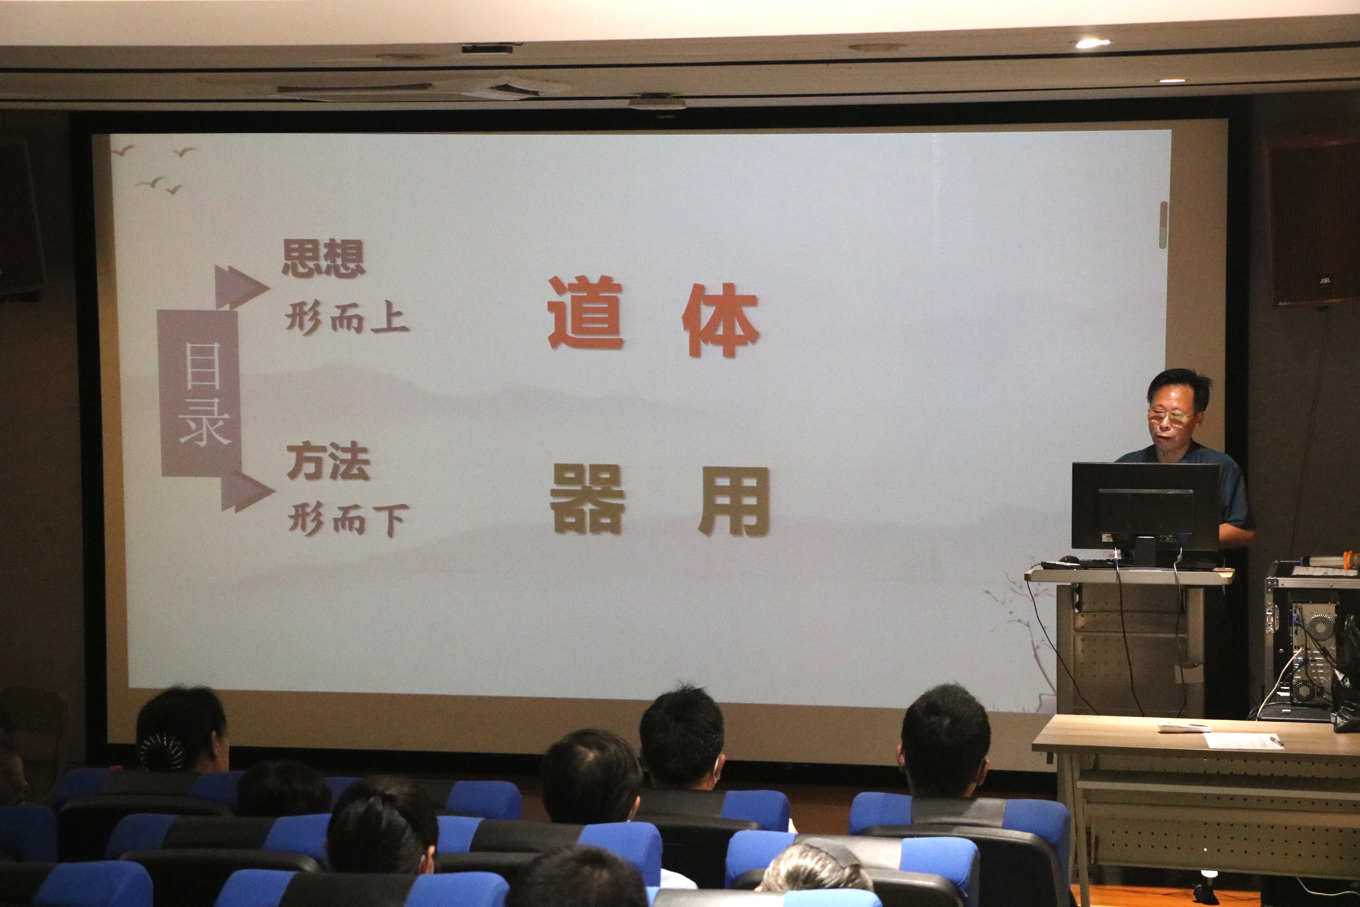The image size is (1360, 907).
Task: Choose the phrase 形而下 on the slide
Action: (x=349, y=519)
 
